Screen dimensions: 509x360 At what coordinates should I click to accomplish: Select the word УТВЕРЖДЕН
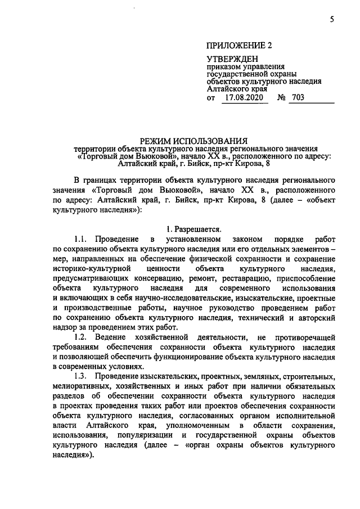[x=232, y=59]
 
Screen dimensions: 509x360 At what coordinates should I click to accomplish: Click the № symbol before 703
[x=282, y=97]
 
